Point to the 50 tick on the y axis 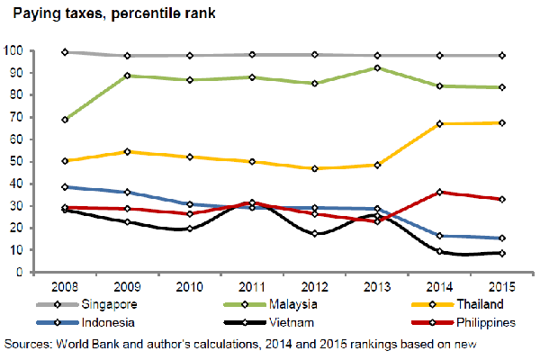tap(15, 161)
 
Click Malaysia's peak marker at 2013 tap(376, 67)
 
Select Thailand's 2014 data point tap(439, 123)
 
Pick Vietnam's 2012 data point tap(314, 234)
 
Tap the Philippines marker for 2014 tap(439, 192)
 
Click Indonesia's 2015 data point tap(501, 238)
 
